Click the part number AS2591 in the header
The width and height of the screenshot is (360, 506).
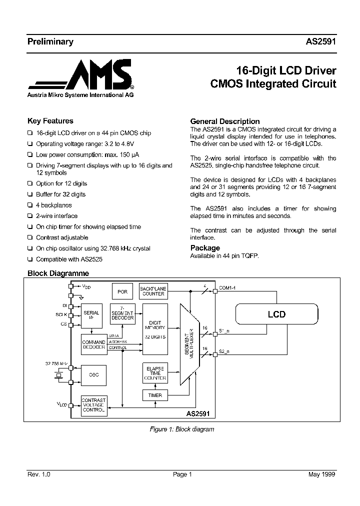320,42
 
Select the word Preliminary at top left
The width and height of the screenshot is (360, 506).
50,42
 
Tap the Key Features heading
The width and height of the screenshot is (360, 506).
50,121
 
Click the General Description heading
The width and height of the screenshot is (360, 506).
225,121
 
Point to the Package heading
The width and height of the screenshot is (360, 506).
205,248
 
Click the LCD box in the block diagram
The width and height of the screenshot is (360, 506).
276,314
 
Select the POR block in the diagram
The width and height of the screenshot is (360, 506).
122,291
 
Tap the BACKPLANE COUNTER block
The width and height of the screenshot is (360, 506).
153,291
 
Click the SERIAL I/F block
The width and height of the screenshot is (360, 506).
91,315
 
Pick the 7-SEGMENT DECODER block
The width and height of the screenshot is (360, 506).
122,314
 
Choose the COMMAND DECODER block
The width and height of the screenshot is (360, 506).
94,345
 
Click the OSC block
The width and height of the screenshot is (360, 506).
94,375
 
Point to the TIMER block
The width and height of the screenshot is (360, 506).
155,395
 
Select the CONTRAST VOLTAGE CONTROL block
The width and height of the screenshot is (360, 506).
94,405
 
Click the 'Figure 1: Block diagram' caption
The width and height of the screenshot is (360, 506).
182,429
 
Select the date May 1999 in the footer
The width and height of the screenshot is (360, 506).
322,474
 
